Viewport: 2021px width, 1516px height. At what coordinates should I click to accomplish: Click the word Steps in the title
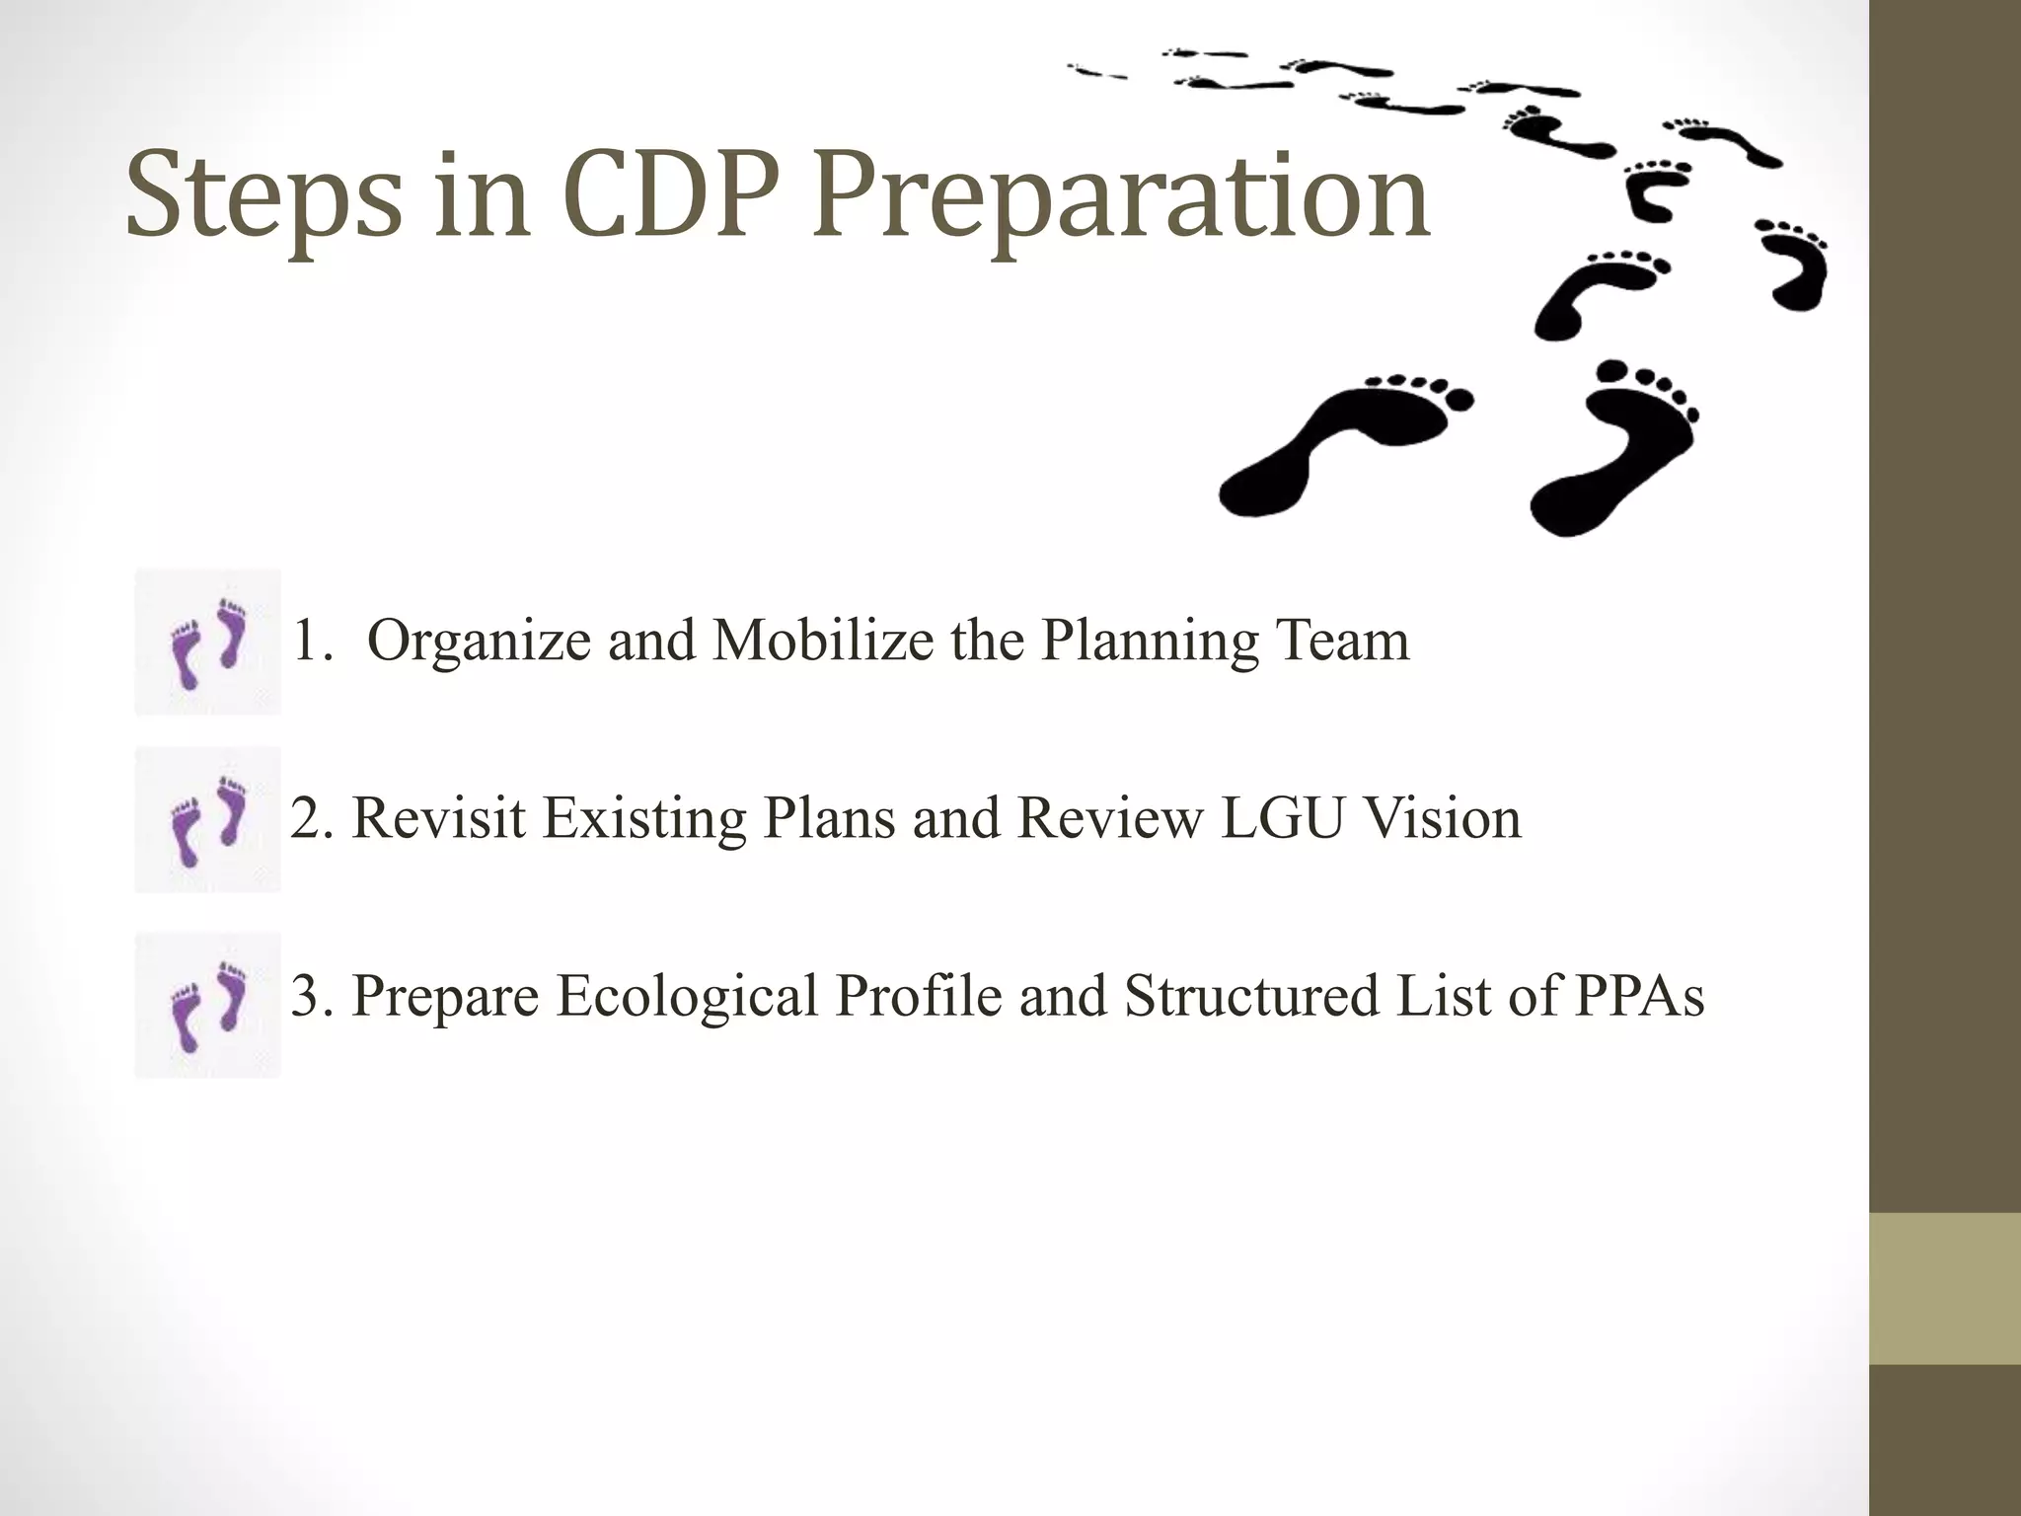click(263, 197)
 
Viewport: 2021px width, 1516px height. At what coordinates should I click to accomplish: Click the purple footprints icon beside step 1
click(208, 642)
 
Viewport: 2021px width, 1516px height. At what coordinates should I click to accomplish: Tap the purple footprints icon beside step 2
click(208, 820)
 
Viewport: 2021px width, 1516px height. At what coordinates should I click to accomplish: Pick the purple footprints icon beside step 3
click(208, 1006)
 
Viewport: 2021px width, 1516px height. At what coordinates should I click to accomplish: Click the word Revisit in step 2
click(438, 818)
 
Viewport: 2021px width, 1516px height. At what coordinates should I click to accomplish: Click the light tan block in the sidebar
click(1945, 1288)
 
